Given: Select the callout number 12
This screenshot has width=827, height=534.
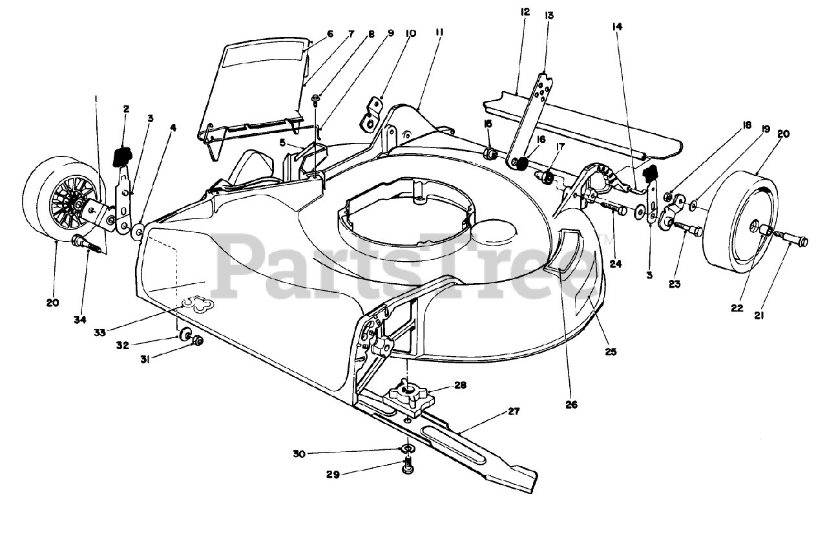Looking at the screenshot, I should pyautogui.click(x=524, y=11).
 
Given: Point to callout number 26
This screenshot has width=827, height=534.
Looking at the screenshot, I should pyautogui.click(x=571, y=405).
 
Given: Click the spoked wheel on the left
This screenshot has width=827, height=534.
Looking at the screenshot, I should pyautogui.click(x=61, y=197).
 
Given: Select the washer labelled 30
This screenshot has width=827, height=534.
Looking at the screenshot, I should pyautogui.click(x=408, y=448).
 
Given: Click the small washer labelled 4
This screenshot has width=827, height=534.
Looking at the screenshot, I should pyautogui.click(x=138, y=231).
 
